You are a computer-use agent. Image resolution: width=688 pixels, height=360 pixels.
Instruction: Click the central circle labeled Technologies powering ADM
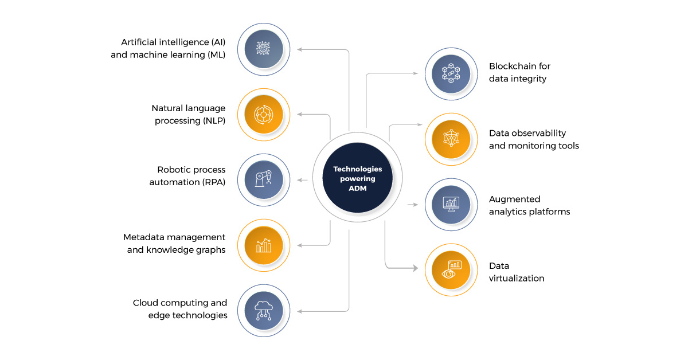tap(357, 178)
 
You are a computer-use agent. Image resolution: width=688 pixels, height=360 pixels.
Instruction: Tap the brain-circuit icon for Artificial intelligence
tap(264, 49)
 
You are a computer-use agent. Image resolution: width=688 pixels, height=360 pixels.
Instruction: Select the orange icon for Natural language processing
tap(264, 114)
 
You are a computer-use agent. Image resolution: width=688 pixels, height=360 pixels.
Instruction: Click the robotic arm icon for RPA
tap(264, 179)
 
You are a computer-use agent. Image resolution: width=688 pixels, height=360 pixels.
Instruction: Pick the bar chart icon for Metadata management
tap(264, 245)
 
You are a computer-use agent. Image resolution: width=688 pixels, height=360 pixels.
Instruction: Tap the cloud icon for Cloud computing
tap(264, 310)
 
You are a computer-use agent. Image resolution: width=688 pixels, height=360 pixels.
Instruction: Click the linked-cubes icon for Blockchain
tap(451, 73)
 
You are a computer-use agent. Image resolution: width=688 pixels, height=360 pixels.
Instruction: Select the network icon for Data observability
tap(451, 139)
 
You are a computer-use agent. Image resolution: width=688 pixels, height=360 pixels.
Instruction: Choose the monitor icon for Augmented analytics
tap(451, 205)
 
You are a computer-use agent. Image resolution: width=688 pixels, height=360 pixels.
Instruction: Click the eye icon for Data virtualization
tap(451, 270)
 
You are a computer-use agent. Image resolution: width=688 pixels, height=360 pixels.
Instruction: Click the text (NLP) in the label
tap(213, 120)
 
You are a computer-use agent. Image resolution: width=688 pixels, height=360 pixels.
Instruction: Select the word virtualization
tap(517, 279)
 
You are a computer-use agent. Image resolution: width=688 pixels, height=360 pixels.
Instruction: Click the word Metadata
tap(143, 237)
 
